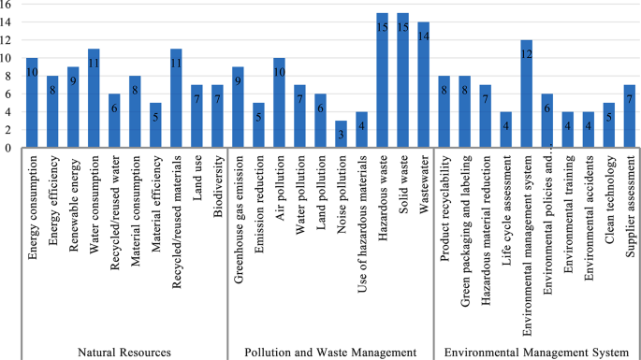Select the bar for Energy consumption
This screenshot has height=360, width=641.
(32, 103)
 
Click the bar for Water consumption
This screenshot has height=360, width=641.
(94, 98)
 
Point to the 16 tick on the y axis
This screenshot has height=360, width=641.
(7, 6)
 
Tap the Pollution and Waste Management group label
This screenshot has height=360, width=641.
(330, 352)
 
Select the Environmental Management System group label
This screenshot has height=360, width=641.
(536, 352)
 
